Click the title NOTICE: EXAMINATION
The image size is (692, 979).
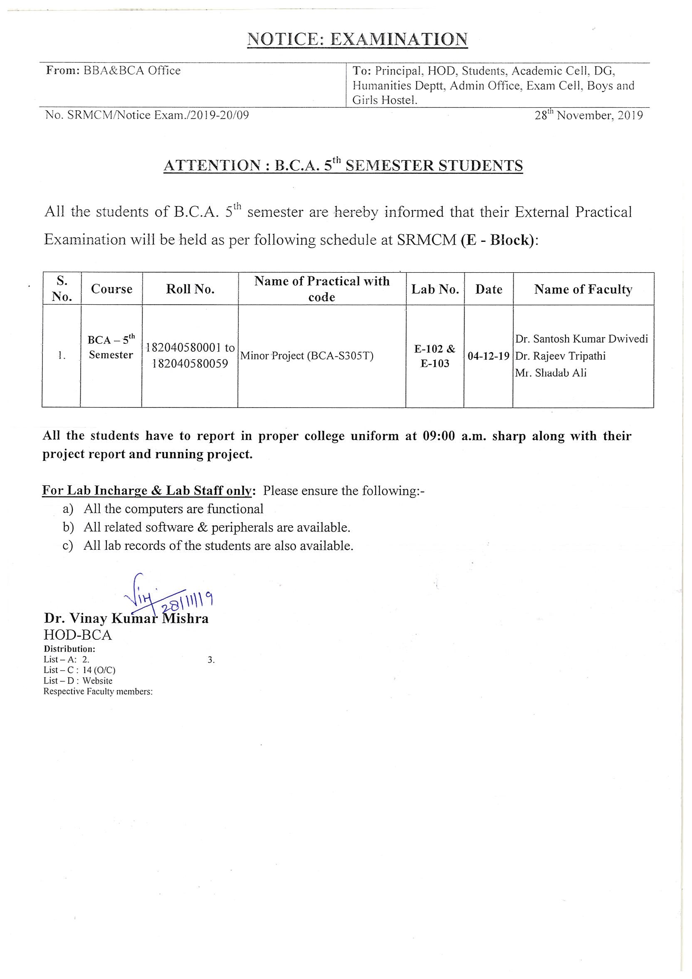(x=357, y=39)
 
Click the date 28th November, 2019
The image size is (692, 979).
(x=588, y=116)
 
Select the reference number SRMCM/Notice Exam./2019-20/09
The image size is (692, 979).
(x=158, y=115)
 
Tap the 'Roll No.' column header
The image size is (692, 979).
(x=190, y=290)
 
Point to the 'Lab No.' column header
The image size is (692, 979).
(x=435, y=290)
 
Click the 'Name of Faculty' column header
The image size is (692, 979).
(x=583, y=290)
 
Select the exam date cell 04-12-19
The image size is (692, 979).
(x=488, y=356)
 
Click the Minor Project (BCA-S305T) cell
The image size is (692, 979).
(x=307, y=356)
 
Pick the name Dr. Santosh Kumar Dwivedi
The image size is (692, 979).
(x=581, y=339)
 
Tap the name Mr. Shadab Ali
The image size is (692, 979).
(x=551, y=373)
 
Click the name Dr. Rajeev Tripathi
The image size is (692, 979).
(x=560, y=356)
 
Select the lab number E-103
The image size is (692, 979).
(x=435, y=364)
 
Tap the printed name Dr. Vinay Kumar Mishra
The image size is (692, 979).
(x=126, y=619)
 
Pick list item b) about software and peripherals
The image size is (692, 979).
(x=217, y=527)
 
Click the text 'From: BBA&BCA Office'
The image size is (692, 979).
(x=114, y=71)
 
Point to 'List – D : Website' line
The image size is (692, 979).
(x=78, y=681)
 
